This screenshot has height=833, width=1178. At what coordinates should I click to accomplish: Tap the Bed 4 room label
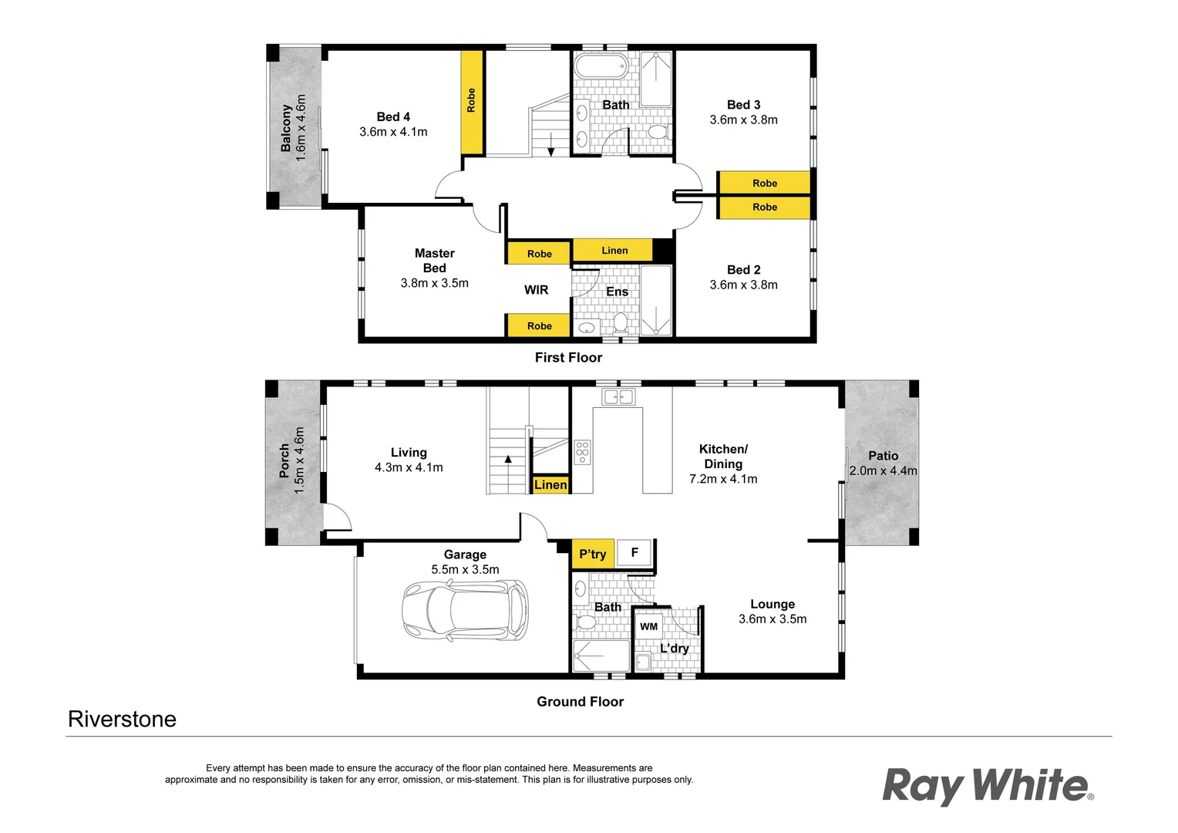click(x=393, y=116)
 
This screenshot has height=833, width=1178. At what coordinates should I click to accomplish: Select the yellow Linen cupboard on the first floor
click(x=614, y=250)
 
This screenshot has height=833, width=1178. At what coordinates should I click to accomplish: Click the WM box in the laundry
click(x=648, y=626)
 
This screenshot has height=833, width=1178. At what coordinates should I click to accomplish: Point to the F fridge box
click(x=634, y=552)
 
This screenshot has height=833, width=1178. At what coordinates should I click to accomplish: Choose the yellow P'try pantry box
click(x=592, y=554)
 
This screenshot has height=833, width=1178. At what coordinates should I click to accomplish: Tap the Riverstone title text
click(x=122, y=719)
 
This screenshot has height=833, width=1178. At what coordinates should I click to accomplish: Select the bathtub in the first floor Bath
click(x=601, y=66)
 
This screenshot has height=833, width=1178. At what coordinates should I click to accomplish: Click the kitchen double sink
click(x=618, y=396)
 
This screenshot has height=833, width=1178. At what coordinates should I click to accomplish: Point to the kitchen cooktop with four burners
click(x=582, y=452)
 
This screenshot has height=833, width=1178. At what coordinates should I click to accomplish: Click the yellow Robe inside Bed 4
click(x=471, y=101)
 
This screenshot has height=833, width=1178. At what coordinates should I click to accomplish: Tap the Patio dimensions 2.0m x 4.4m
click(x=883, y=470)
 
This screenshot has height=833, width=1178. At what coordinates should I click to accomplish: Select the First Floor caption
click(x=568, y=357)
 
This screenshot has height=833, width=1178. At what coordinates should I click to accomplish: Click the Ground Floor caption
click(x=580, y=701)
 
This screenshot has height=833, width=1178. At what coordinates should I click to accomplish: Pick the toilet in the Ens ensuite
click(x=620, y=321)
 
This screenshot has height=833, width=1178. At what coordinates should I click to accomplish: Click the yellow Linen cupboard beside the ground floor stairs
click(x=550, y=484)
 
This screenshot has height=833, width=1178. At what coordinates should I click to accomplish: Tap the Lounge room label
click(x=772, y=604)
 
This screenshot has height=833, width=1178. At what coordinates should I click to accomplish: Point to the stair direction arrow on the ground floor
click(x=508, y=460)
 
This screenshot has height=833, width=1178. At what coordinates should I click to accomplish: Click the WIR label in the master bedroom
click(x=536, y=290)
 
